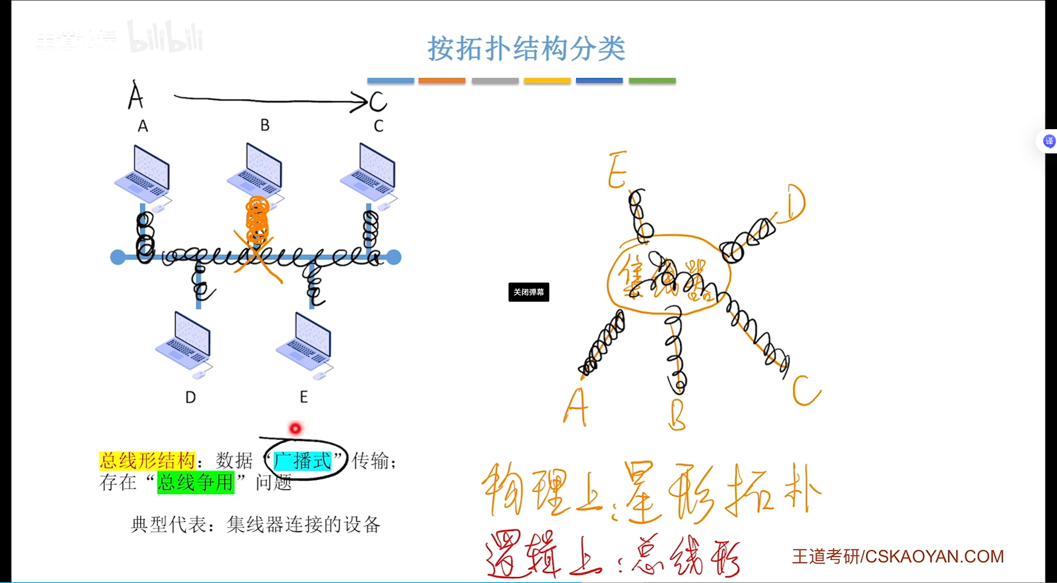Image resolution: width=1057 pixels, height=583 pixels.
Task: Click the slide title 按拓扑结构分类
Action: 526,48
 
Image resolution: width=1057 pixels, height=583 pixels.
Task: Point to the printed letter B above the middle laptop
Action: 265,125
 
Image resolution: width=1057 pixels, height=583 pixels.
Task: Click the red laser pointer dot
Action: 295,428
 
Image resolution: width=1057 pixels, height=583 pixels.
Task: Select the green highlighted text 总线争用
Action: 195,482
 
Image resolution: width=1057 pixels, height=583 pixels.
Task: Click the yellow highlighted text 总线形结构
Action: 147,461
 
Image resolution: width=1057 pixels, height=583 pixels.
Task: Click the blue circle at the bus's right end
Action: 394,257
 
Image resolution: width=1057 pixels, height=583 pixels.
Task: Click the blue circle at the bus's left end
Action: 118,257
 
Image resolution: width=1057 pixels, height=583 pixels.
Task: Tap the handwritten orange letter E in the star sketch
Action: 617,170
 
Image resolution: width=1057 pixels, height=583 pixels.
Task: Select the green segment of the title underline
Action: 652,81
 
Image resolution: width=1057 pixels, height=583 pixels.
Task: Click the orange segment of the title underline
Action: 441,81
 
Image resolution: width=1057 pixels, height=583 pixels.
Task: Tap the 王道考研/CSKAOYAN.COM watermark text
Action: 898,556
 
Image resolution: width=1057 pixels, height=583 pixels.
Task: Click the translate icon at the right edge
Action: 1049,141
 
